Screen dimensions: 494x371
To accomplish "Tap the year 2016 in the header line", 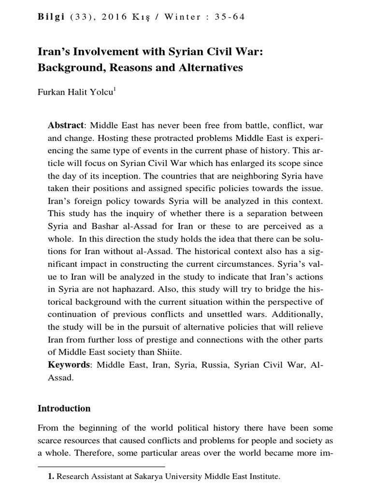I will pyautogui.click(x=115, y=17).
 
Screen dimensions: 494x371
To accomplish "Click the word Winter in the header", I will pyautogui.click(x=182, y=17).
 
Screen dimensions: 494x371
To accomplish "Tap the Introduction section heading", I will pyautogui.click(x=64, y=408).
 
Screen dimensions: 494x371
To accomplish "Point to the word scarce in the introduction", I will pyautogui.click(x=50, y=441).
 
